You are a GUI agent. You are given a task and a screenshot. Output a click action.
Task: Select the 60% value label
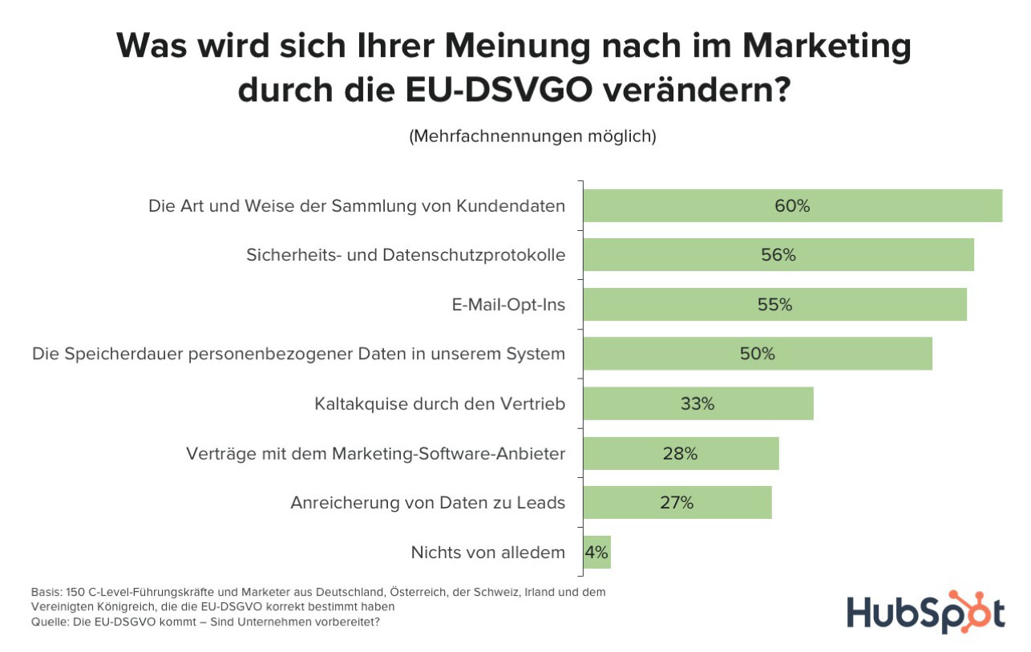pos(792,206)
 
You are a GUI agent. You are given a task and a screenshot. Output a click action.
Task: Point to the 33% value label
pos(697,403)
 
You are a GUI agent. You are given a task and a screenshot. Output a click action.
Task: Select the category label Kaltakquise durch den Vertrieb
pos(440,403)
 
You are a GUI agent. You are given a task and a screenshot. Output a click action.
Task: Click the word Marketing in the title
pos(826,47)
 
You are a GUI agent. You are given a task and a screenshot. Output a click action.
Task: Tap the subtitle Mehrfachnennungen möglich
pos(532,136)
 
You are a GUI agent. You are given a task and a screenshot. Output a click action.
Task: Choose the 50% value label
pos(758,354)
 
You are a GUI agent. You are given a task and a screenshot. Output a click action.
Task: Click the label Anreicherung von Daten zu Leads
pos(427,504)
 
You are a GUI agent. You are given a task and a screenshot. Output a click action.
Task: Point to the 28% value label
pos(680,454)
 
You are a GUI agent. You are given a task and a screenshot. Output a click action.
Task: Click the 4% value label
pos(596,553)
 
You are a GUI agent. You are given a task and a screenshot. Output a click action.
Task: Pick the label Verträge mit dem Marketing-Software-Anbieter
pos(375,454)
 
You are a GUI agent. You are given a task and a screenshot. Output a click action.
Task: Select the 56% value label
pos(778,255)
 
